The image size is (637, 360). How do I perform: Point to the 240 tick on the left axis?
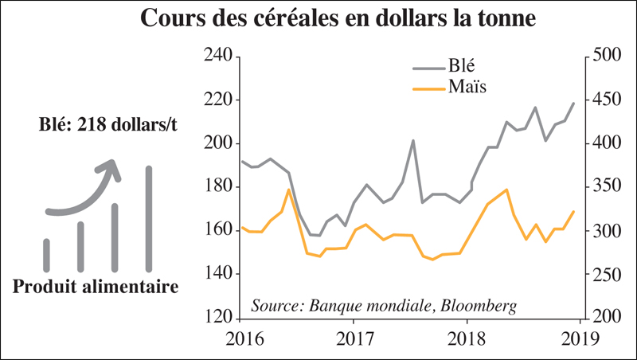pos(216,57)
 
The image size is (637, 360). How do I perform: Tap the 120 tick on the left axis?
pos(216,318)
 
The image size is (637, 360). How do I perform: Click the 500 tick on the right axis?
pos(601,57)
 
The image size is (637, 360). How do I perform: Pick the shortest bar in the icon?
pos(46,253)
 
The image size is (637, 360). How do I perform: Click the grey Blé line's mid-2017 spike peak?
pos(413,141)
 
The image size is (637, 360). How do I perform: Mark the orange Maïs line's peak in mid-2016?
pos(287,190)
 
